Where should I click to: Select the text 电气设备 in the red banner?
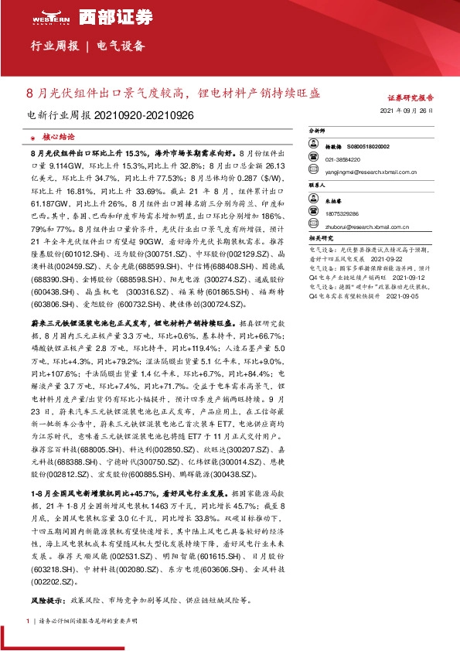(121, 46)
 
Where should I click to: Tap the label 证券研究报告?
(410, 98)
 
